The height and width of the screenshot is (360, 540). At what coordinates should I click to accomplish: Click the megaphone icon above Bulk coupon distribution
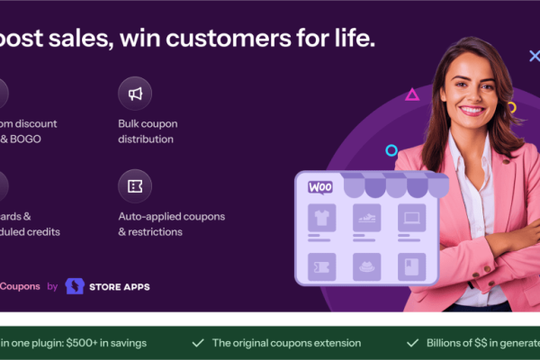click(x=135, y=94)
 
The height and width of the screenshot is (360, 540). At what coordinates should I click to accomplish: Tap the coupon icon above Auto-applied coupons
click(x=135, y=186)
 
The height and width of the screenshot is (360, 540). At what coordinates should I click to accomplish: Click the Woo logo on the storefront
click(x=320, y=187)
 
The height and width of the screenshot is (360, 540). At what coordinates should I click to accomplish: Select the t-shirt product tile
click(x=321, y=217)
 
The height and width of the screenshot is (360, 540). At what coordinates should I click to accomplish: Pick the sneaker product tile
click(x=366, y=217)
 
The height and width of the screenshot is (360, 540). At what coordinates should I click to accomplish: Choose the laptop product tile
click(x=410, y=217)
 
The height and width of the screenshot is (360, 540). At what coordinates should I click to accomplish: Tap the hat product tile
click(x=366, y=266)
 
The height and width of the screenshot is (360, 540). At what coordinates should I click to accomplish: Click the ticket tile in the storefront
click(x=321, y=266)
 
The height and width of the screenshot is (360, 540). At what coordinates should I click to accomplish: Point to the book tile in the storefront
click(x=410, y=266)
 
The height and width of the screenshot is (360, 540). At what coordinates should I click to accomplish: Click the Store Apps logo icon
click(x=75, y=286)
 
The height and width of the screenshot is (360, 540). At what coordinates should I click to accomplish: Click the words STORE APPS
click(x=120, y=287)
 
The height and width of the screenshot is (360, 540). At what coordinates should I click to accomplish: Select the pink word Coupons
click(x=20, y=286)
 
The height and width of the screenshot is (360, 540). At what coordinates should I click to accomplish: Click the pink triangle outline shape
click(x=412, y=94)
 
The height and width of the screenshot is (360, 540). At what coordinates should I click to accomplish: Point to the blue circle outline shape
click(x=391, y=150)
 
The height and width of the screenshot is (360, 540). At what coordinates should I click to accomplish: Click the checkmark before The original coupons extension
click(x=197, y=343)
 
